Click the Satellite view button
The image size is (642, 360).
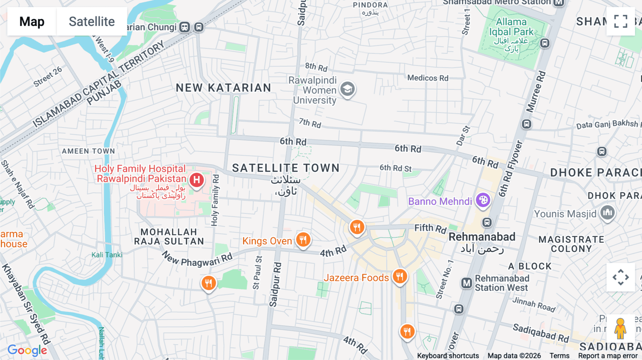[x=92, y=21]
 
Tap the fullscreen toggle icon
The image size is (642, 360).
[x=621, y=21]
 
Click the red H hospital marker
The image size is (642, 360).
[x=197, y=180]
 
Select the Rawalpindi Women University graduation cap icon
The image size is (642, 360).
[x=347, y=89]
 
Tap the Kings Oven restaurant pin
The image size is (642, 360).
[x=303, y=240]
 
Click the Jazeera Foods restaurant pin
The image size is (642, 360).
[x=400, y=276]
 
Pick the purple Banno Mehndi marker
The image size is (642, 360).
[x=483, y=200]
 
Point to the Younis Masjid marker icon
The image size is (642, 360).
[x=607, y=213]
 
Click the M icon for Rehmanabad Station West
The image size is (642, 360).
[x=467, y=283]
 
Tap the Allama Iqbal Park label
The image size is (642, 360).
[x=511, y=27]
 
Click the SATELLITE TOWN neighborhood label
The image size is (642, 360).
[x=286, y=168]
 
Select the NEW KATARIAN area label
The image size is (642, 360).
[x=224, y=88]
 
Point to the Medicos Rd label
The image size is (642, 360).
[x=428, y=78]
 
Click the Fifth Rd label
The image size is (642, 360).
[x=430, y=228]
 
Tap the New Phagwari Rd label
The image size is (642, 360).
[x=197, y=259]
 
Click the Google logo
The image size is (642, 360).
[x=27, y=350]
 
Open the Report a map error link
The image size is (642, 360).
[x=608, y=356]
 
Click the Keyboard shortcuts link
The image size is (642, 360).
[x=448, y=356]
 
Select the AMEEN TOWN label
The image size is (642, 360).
[x=88, y=151]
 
